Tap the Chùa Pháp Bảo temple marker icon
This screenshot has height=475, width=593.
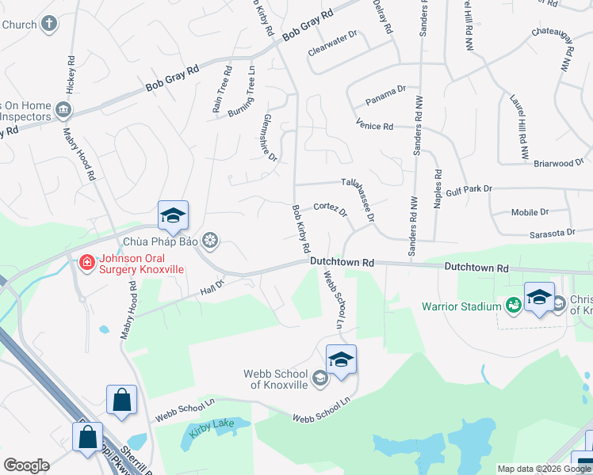[211, 239]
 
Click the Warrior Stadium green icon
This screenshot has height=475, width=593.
[513, 306]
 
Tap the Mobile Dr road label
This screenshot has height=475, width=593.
[530, 212]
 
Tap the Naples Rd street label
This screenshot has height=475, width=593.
[437, 188]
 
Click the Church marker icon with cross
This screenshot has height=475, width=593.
[49, 24]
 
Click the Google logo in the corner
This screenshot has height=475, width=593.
[25, 465]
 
